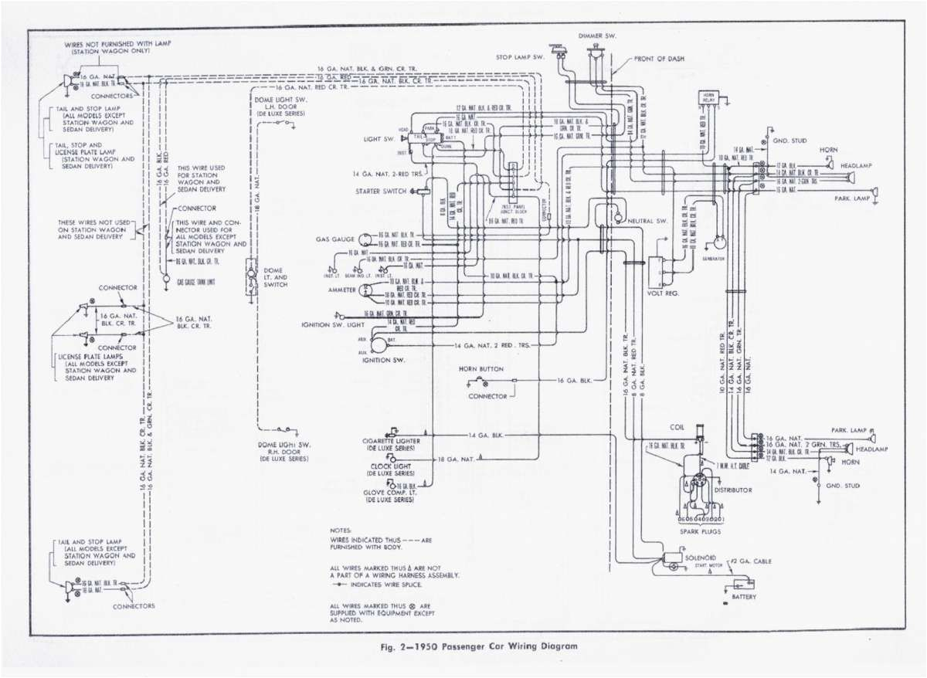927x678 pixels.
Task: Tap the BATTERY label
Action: [x=741, y=596]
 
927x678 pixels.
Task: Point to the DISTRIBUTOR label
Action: [x=734, y=489]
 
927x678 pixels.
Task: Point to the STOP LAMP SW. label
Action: [x=521, y=57]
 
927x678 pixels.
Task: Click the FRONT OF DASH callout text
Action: [x=663, y=58]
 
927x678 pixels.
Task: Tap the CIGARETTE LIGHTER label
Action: [x=393, y=441]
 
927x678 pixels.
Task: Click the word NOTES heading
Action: [x=340, y=531]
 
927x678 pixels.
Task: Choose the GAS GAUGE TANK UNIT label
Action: [x=195, y=283]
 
